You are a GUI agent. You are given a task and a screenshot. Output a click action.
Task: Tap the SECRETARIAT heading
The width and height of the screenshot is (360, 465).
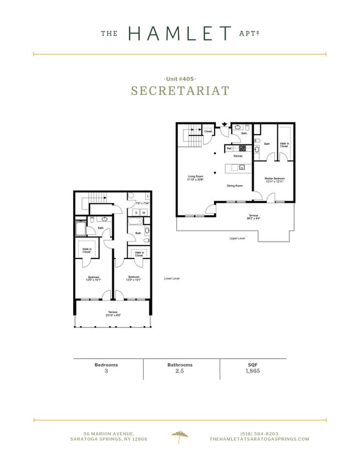[180, 91]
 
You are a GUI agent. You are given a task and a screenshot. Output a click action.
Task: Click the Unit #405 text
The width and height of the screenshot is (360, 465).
[180, 79]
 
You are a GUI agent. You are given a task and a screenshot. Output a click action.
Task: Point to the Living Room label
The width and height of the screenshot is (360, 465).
[195, 179]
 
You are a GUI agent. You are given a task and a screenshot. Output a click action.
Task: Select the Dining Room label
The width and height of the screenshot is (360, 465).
[235, 186]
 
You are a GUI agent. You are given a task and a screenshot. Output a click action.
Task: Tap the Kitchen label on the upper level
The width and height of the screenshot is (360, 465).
[238, 156]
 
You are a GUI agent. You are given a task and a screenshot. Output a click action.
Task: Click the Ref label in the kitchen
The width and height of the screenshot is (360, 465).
[229, 148]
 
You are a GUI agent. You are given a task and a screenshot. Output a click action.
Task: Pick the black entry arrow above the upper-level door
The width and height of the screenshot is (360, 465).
[225, 125]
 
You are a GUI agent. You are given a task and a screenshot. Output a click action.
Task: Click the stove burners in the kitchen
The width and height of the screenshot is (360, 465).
[242, 148]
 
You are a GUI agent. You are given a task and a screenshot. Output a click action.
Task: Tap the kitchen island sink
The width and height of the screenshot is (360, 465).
[241, 168]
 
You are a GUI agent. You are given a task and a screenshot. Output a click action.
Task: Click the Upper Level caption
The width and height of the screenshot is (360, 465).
[237, 239]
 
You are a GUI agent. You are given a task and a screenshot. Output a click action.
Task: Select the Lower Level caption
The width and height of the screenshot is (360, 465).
[172, 279]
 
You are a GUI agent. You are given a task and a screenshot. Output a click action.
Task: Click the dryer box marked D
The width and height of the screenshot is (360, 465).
[137, 213]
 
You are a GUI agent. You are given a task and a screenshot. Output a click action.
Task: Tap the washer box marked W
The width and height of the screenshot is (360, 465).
[144, 213]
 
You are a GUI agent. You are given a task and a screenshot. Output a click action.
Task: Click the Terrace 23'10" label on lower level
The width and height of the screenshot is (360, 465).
[112, 315]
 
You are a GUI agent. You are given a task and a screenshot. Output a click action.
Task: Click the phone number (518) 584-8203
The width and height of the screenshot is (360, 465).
[259, 433]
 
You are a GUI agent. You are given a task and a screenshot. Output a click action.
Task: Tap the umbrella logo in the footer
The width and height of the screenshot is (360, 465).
[179, 435]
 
